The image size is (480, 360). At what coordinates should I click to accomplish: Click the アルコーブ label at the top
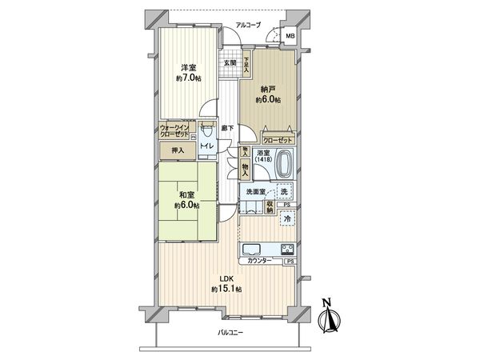[261, 25]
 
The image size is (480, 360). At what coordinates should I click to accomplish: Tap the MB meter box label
[290, 37]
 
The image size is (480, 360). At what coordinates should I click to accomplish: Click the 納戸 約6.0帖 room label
[267, 94]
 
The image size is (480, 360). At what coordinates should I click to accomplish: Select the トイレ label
[206, 146]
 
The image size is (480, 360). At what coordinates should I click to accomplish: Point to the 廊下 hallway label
[228, 128]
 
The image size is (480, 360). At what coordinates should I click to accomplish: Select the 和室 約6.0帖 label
[187, 198]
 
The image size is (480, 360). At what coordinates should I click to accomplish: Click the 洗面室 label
[257, 193]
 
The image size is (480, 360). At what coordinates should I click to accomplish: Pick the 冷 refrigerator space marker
[286, 219]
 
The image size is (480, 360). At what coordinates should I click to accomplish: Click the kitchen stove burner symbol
[286, 247]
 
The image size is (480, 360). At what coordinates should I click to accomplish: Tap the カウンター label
[259, 262]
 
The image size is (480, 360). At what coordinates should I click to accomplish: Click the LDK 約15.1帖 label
[227, 285]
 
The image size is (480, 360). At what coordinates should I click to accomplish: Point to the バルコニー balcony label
[230, 333]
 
